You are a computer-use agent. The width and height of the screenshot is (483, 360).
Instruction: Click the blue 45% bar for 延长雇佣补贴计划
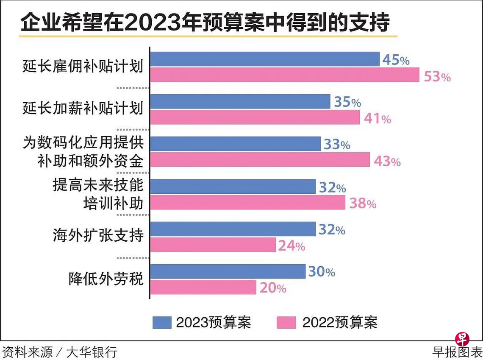click(x=265, y=59)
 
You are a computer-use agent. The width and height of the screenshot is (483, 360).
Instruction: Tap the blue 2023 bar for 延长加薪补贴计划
click(x=240, y=102)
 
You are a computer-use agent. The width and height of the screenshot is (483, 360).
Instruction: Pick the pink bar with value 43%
click(x=260, y=160)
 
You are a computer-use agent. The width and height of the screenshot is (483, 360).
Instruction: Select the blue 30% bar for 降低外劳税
click(x=228, y=271)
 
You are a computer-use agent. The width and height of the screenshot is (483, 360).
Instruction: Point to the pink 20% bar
click(x=203, y=287)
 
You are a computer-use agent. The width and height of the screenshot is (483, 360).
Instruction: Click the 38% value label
click(x=363, y=204)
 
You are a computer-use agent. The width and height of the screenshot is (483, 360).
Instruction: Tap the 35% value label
click(x=347, y=102)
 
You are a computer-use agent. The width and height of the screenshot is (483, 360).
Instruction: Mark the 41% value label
click(x=377, y=119)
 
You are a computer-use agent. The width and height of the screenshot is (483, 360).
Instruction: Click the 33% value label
click(x=337, y=145)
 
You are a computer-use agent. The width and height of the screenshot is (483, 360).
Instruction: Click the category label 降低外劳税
click(x=106, y=279)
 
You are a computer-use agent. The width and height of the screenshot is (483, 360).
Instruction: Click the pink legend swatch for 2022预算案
click(x=286, y=323)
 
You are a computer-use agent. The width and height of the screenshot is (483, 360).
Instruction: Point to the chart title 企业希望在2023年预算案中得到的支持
click(x=205, y=23)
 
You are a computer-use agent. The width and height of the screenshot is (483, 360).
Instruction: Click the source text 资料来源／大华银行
click(x=60, y=352)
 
